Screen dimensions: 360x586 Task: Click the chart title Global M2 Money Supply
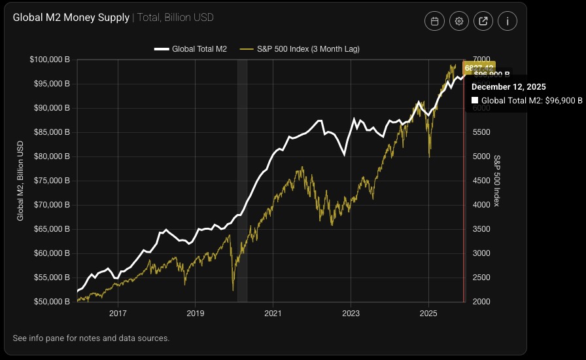[71, 18]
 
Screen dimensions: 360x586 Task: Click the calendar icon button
[434, 21]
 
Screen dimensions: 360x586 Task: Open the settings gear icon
[459, 21]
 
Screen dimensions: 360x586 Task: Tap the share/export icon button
[483, 21]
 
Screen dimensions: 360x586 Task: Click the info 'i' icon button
[508, 21]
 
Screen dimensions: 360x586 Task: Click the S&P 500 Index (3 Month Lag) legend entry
[300, 49]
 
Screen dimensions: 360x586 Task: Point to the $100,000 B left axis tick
[50, 60]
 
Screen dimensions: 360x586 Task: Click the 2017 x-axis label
[118, 314]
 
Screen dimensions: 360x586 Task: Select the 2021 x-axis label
[273, 314]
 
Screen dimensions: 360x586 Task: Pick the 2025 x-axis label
[428, 314]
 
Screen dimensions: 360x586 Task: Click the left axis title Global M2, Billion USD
[20, 181]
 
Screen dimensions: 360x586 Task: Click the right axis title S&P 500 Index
[497, 181]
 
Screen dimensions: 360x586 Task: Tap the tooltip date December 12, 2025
[509, 86]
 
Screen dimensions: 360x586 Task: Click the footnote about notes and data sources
[91, 338]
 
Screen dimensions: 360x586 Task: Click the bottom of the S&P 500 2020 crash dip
[233, 290]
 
